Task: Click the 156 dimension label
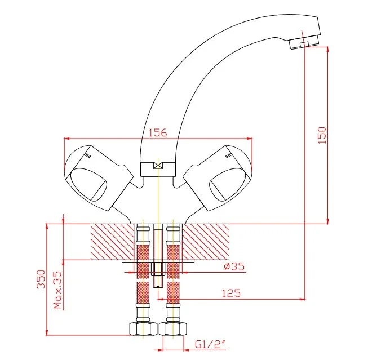tap(158, 132)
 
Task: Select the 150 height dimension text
tap(322, 135)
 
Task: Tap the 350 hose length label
tap(41, 279)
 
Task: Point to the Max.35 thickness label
tap(57, 290)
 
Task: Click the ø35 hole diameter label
tap(234, 266)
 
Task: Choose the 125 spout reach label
tap(231, 294)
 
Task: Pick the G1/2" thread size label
tap(210, 345)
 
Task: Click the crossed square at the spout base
tap(158, 165)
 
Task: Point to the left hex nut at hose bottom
tap(143, 329)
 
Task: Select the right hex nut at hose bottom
tap(173, 329)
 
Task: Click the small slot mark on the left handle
tap(87, 155)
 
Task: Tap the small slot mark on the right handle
tap(228, 155)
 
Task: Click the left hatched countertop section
tap(112, 242)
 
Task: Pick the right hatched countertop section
tap(206, 242)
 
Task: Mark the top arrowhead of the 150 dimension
tap(328, 50)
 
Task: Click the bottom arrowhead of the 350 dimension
tap(47, 332)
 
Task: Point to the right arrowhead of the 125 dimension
tap(303, 299)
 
